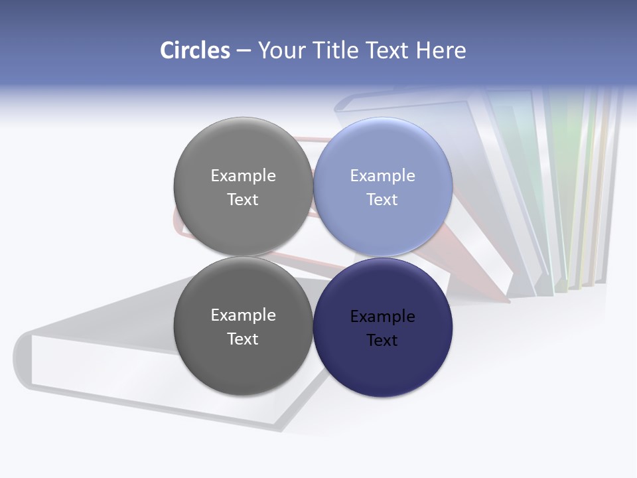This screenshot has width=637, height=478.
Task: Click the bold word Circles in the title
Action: pyautogui.click(x=195, y=50)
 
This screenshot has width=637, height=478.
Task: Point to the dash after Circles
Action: pyautogui.click(x=243, y=51)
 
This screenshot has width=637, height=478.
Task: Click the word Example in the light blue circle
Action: pyautogui.click(x=383, y=176)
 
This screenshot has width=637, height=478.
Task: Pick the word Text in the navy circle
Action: pyautogui.click(x=382, y=341)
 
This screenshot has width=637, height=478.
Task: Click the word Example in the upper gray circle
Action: pyautogui.click(x=243, y=176)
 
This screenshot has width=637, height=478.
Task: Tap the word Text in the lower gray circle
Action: pyautogui.click(x=243, y=339)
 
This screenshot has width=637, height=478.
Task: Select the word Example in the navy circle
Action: pyautogui.click(x=383, y=317)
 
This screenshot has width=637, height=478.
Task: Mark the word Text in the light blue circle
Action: pyautogui.click(x=382, y=200)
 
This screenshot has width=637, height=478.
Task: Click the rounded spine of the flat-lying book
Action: pyautogui.click(x=23, y=358)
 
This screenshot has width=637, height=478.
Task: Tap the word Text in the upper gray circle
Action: pyautogui.click(x=243, y=200)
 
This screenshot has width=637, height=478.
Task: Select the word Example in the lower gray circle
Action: pyautogui.click(x=243, y=315)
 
